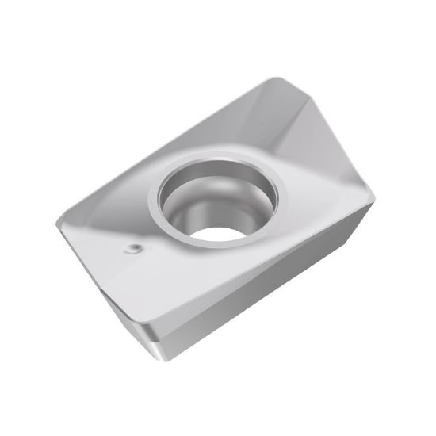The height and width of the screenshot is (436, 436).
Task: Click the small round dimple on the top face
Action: tap(132, 251)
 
